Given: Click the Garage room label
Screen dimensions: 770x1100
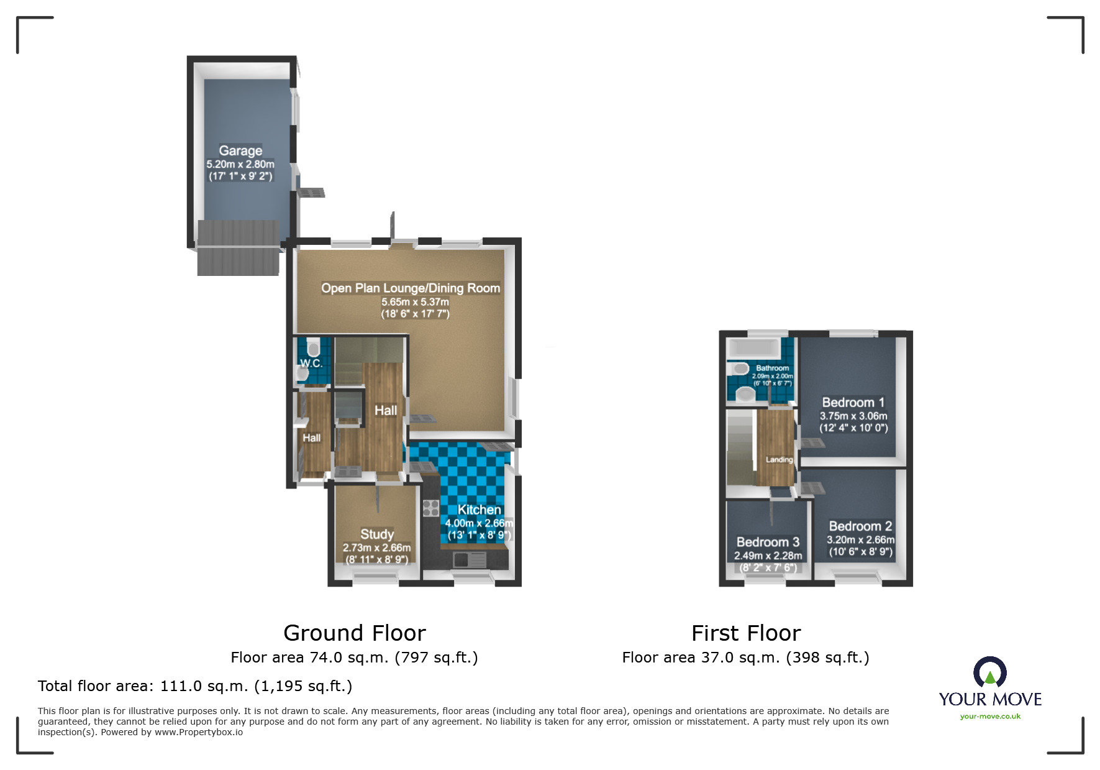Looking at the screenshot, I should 240,150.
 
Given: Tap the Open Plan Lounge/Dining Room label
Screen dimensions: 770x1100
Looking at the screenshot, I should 411,288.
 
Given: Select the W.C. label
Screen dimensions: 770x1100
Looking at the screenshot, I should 311,363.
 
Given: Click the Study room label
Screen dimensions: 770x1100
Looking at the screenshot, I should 377,534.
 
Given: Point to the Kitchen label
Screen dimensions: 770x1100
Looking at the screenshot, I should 479,510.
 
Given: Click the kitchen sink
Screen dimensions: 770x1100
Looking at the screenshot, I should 469,560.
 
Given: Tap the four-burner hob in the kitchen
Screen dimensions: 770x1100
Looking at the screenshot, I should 431,508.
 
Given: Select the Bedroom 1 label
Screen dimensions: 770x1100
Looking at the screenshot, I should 853,402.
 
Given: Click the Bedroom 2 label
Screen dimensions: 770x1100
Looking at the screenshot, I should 860,526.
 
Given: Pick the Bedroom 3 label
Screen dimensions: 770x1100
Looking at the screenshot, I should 768,542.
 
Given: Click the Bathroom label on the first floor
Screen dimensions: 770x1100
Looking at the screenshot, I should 772,368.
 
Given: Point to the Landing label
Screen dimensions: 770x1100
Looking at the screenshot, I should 779,459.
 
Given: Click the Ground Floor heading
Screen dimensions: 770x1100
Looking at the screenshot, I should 354,633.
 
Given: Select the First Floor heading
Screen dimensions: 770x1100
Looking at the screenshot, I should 745,633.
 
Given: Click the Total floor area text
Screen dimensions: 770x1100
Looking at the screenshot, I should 194,685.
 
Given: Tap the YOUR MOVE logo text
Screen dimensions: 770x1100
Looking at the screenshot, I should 989,699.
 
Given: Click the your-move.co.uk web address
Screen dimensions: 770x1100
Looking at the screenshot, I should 990,717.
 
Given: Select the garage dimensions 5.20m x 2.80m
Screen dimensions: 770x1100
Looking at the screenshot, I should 240,164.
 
